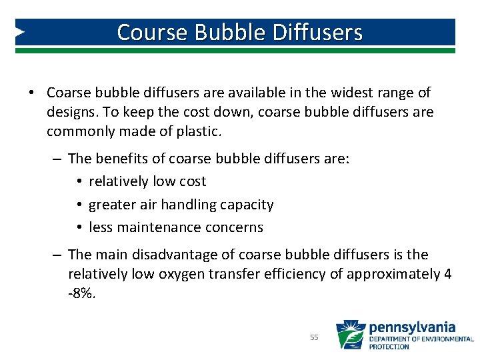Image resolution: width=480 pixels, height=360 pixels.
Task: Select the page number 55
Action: click(315, 338)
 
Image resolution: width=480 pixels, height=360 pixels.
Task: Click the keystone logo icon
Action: click(350, 335)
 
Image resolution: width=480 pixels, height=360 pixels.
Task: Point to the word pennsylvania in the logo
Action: click(411, 327)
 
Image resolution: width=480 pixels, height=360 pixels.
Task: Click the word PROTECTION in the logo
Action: click(389, 347)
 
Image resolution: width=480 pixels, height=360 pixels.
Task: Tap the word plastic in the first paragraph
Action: click(198, 131)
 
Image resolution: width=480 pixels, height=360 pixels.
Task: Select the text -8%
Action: click(82, 293)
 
